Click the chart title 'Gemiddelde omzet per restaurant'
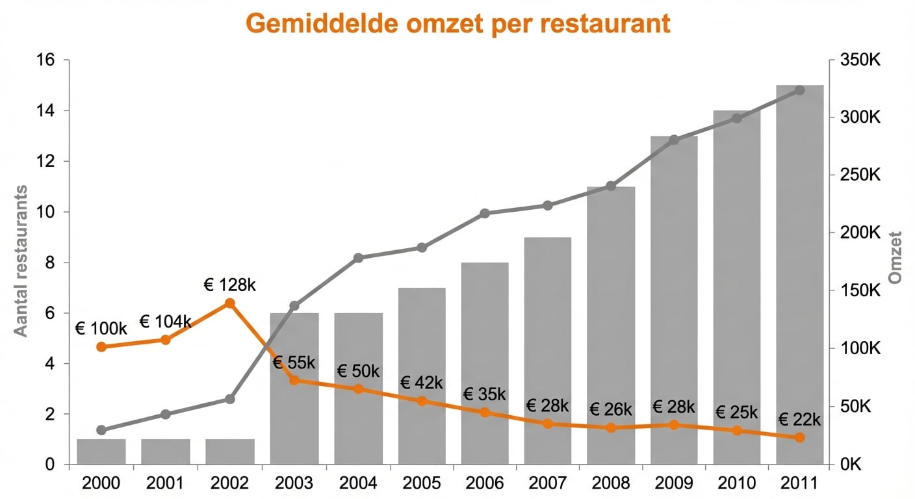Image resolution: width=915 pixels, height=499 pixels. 457,24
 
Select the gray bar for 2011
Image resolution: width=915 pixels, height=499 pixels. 800,273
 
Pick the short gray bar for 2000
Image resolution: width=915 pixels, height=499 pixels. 101,452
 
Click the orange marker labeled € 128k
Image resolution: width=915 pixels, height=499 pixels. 229,303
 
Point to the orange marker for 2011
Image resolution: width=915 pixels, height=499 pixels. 800,437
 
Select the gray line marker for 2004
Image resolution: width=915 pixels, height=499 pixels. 358,258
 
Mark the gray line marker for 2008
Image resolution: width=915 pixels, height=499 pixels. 611,186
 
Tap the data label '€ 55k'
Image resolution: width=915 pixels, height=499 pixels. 294,363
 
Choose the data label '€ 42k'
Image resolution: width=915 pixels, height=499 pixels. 421,383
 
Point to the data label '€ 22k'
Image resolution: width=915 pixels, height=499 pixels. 799,419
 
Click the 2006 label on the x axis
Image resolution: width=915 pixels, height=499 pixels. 485,484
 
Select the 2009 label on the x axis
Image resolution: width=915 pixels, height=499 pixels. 674,484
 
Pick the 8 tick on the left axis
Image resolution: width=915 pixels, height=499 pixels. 49,262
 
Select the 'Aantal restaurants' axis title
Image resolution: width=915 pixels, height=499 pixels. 21,261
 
